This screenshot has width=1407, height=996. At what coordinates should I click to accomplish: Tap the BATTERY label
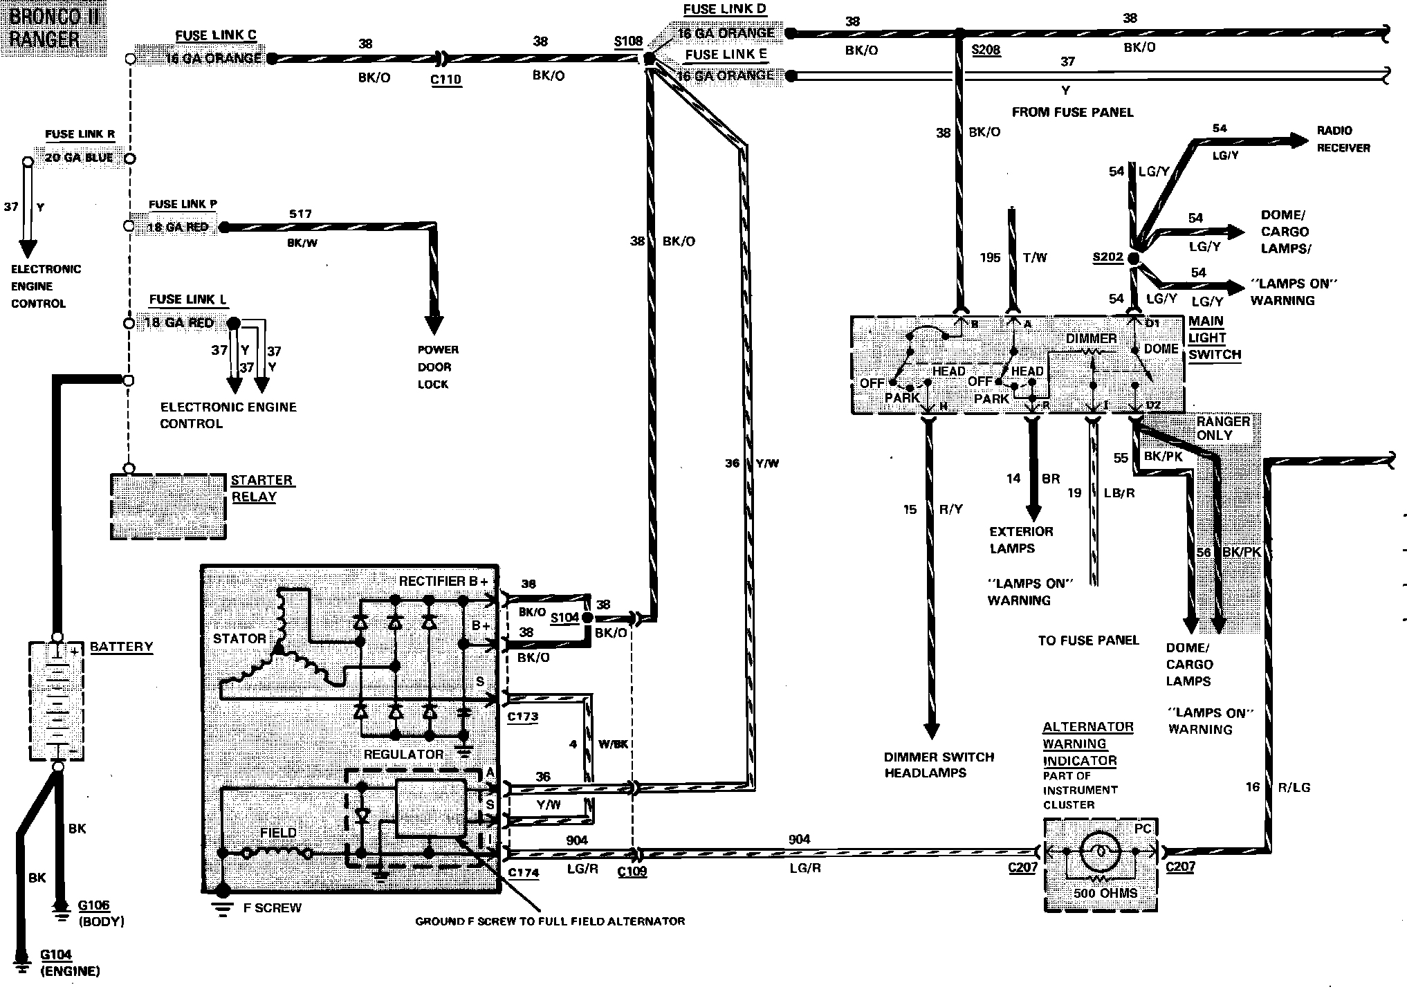[121, 647]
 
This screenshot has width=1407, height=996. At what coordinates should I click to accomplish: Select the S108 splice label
[628, 41]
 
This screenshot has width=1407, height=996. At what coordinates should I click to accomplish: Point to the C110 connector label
[445, 80]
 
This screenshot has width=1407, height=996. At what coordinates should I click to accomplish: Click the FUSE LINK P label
[183, 205]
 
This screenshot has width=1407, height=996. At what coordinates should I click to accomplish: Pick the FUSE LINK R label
[80, 135]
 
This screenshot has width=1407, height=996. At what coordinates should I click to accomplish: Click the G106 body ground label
[93, 905]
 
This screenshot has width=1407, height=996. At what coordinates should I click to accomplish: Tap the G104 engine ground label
[55, 955]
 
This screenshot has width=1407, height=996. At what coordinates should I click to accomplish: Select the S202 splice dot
[1133, 258]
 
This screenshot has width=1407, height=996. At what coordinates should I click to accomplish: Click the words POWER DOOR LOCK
[437, 367]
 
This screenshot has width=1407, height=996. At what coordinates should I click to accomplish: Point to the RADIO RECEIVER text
[1343, 139]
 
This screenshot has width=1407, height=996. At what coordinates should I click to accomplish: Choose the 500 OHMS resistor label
[1105, 893]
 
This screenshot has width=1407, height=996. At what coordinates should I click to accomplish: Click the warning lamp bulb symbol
[1100, 851]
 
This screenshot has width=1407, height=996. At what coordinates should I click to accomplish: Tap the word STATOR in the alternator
[239, 638]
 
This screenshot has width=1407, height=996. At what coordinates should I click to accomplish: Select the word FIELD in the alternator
[278, 833]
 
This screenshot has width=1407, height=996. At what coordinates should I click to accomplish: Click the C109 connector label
[632, 871]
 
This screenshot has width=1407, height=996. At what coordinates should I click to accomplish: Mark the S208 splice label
[986, 50]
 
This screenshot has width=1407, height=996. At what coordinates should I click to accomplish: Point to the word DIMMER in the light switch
[1091, 338]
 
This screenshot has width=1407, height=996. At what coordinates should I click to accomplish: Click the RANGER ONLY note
[1223, 428]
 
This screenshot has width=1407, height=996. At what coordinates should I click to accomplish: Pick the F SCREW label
[272, 907]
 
